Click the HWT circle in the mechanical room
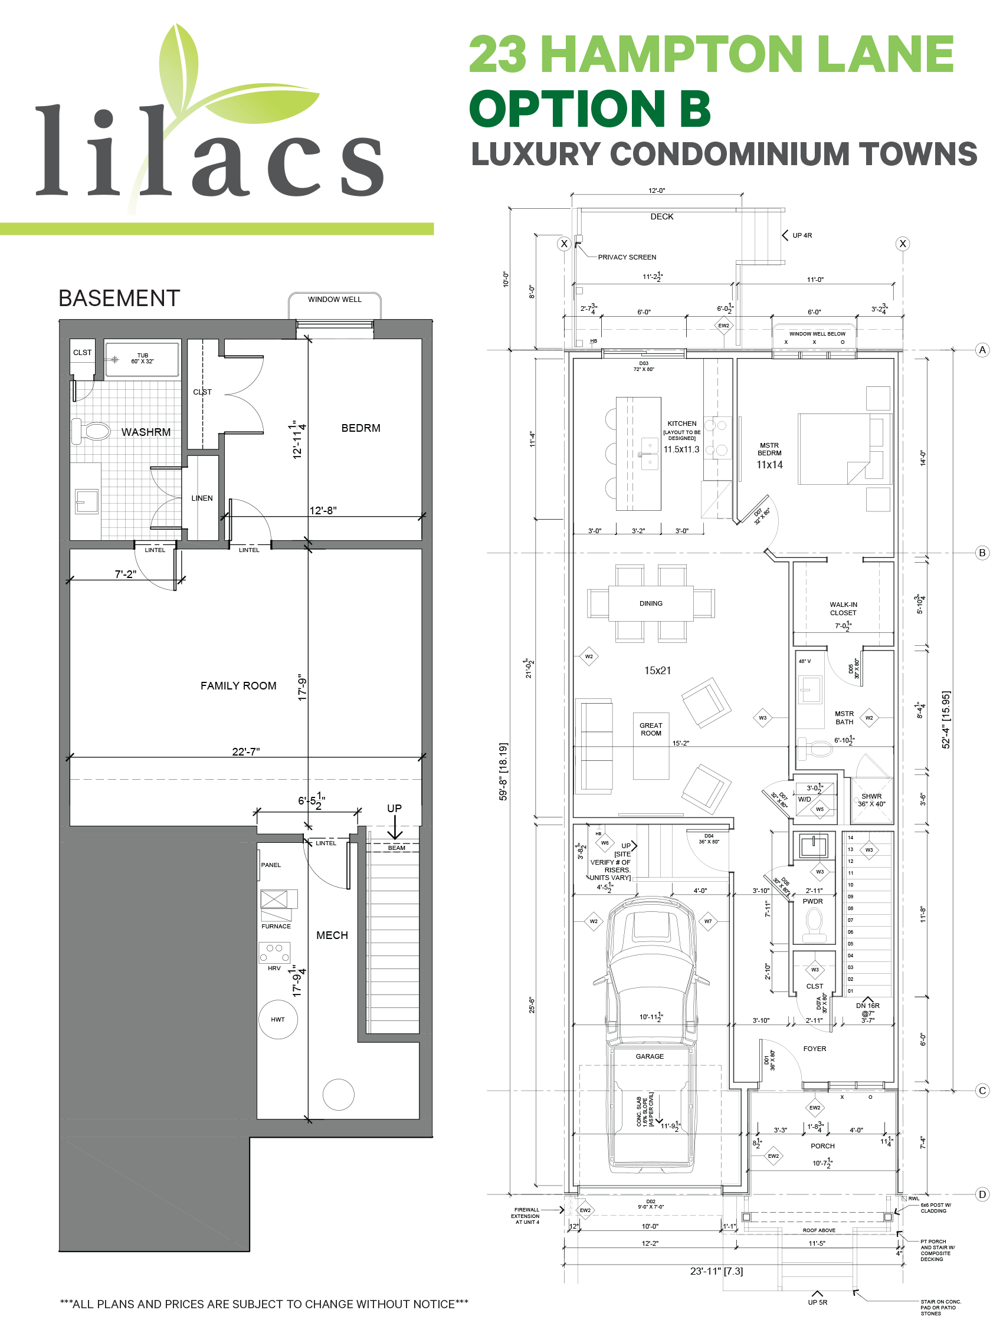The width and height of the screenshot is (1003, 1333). point(277,1020)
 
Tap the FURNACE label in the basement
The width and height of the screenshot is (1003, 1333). point(276,926)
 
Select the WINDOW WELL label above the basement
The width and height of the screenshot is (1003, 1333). point(335,300)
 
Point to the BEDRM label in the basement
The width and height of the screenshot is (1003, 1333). point(360,428)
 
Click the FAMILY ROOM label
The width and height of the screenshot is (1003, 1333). point(238,686)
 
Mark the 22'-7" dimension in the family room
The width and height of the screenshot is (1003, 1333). point(246,751)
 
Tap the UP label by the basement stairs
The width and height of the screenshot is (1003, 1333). point(394,808)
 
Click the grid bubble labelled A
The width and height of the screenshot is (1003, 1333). point(982,350)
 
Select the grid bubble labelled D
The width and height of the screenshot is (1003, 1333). point(982,1194)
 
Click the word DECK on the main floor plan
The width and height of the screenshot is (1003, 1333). point(662,216)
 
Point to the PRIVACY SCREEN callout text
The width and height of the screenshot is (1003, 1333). point(627,257)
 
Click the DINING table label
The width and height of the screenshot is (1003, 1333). point(651,603)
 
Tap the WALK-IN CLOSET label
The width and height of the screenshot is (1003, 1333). point(843,609)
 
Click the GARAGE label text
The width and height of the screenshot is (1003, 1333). point(650,1056)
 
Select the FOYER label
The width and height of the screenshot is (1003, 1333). point(814,1049)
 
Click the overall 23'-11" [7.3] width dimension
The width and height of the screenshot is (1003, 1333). point(716,1271)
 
